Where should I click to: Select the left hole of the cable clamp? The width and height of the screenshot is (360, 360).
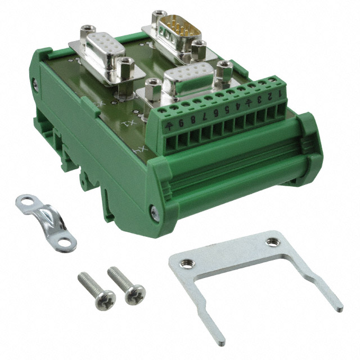24,200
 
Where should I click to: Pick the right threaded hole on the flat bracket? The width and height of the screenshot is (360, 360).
272,240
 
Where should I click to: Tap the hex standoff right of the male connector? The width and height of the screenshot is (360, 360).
197,49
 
